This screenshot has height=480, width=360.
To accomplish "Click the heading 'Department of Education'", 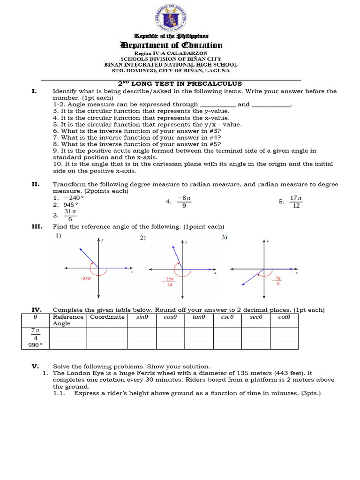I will [172, 45].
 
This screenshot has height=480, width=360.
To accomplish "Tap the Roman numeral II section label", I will [35, 185].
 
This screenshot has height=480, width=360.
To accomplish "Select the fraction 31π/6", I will [70, 215].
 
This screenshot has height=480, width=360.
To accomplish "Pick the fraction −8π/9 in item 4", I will [184, 202].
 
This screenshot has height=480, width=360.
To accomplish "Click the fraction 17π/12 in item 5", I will [295, 202].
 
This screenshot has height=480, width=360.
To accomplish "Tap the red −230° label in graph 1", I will [86, 278].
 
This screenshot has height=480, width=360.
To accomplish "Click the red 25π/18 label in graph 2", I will [170, 282].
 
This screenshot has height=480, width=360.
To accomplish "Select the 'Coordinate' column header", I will [107, 317].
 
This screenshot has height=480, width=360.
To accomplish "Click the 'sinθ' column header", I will [142, 317].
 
